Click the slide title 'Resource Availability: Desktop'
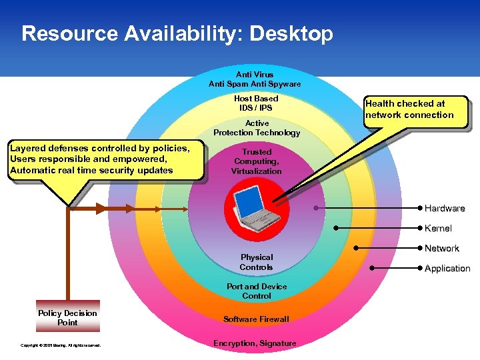(x=177, y=33)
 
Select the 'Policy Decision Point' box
(x=67, y=318)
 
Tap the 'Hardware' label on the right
(x=445, y=209)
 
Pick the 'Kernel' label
(x=438, y=229)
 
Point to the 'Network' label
(x=441, y=249)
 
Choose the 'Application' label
(x=447, y=269)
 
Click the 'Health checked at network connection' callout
(x=409, y=109)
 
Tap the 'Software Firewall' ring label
(x=257, y=319)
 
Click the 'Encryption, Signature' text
(x=255, y=343)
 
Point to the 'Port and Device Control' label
(x=257, y=291)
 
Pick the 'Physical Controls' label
(x=257, y=262)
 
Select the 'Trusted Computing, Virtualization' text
(x=257, y=161)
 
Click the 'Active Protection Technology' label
(x=257, y=128)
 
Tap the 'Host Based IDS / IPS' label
(x=257, y=103)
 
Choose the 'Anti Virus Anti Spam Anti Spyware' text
(x=255, y=79)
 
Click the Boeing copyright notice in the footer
(x=61, y=345)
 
